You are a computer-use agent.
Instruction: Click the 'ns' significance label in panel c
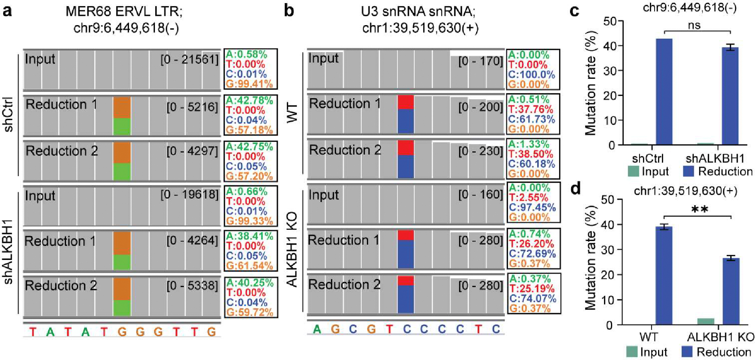[x=694, y=25]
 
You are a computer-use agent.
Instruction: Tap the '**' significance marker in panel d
[x=699, y=210]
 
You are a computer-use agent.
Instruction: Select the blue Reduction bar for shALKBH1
[x=730, y=95]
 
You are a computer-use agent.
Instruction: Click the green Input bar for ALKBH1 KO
[x=706, y=321]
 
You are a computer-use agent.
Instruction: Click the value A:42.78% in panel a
[x=249, y=100]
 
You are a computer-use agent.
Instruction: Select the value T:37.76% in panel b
[x=531, y=110]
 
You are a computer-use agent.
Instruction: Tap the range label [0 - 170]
[x=480, y=61]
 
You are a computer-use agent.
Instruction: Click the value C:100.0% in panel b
[x=531, y=75]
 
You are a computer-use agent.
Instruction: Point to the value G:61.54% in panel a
[x=249, y=266]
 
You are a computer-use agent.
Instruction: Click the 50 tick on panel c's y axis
[x=610, y=21]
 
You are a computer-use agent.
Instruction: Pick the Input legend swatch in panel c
[x=633, y=171]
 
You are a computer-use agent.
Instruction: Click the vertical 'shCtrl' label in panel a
[x=8, y=114]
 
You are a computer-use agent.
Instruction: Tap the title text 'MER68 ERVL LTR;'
[x=124, y=11]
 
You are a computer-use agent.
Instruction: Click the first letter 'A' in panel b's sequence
[x=317, y=329]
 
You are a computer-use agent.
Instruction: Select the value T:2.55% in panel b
[x=531, y=198]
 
